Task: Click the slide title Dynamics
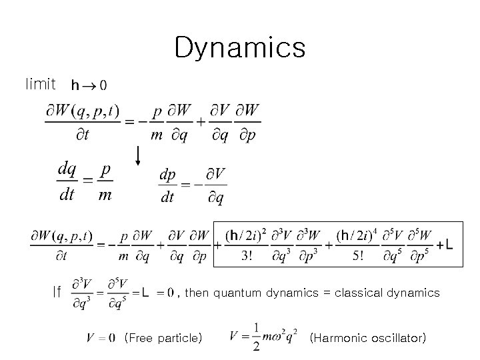pos(239,47)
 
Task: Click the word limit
pos(40,84)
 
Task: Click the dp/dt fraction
pos(167,186)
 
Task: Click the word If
pos(58,291)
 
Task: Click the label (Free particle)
pos(163,338)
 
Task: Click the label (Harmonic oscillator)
pos(368,338)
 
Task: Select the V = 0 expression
pos(101,338)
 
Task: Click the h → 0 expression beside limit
pos(87,85)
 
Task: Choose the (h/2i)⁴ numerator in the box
pos(354,236)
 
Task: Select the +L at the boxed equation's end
pos(445,246)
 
